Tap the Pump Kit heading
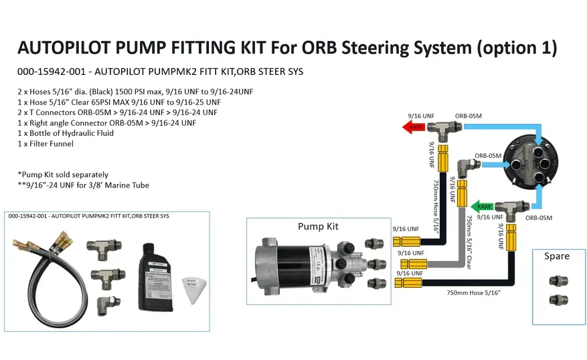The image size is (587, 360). [318, 227]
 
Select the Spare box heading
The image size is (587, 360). [556, 256]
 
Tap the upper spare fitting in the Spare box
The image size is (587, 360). [556, 281]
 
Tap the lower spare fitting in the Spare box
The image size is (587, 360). [556, 299]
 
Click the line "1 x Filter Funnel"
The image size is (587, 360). [46, 144]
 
